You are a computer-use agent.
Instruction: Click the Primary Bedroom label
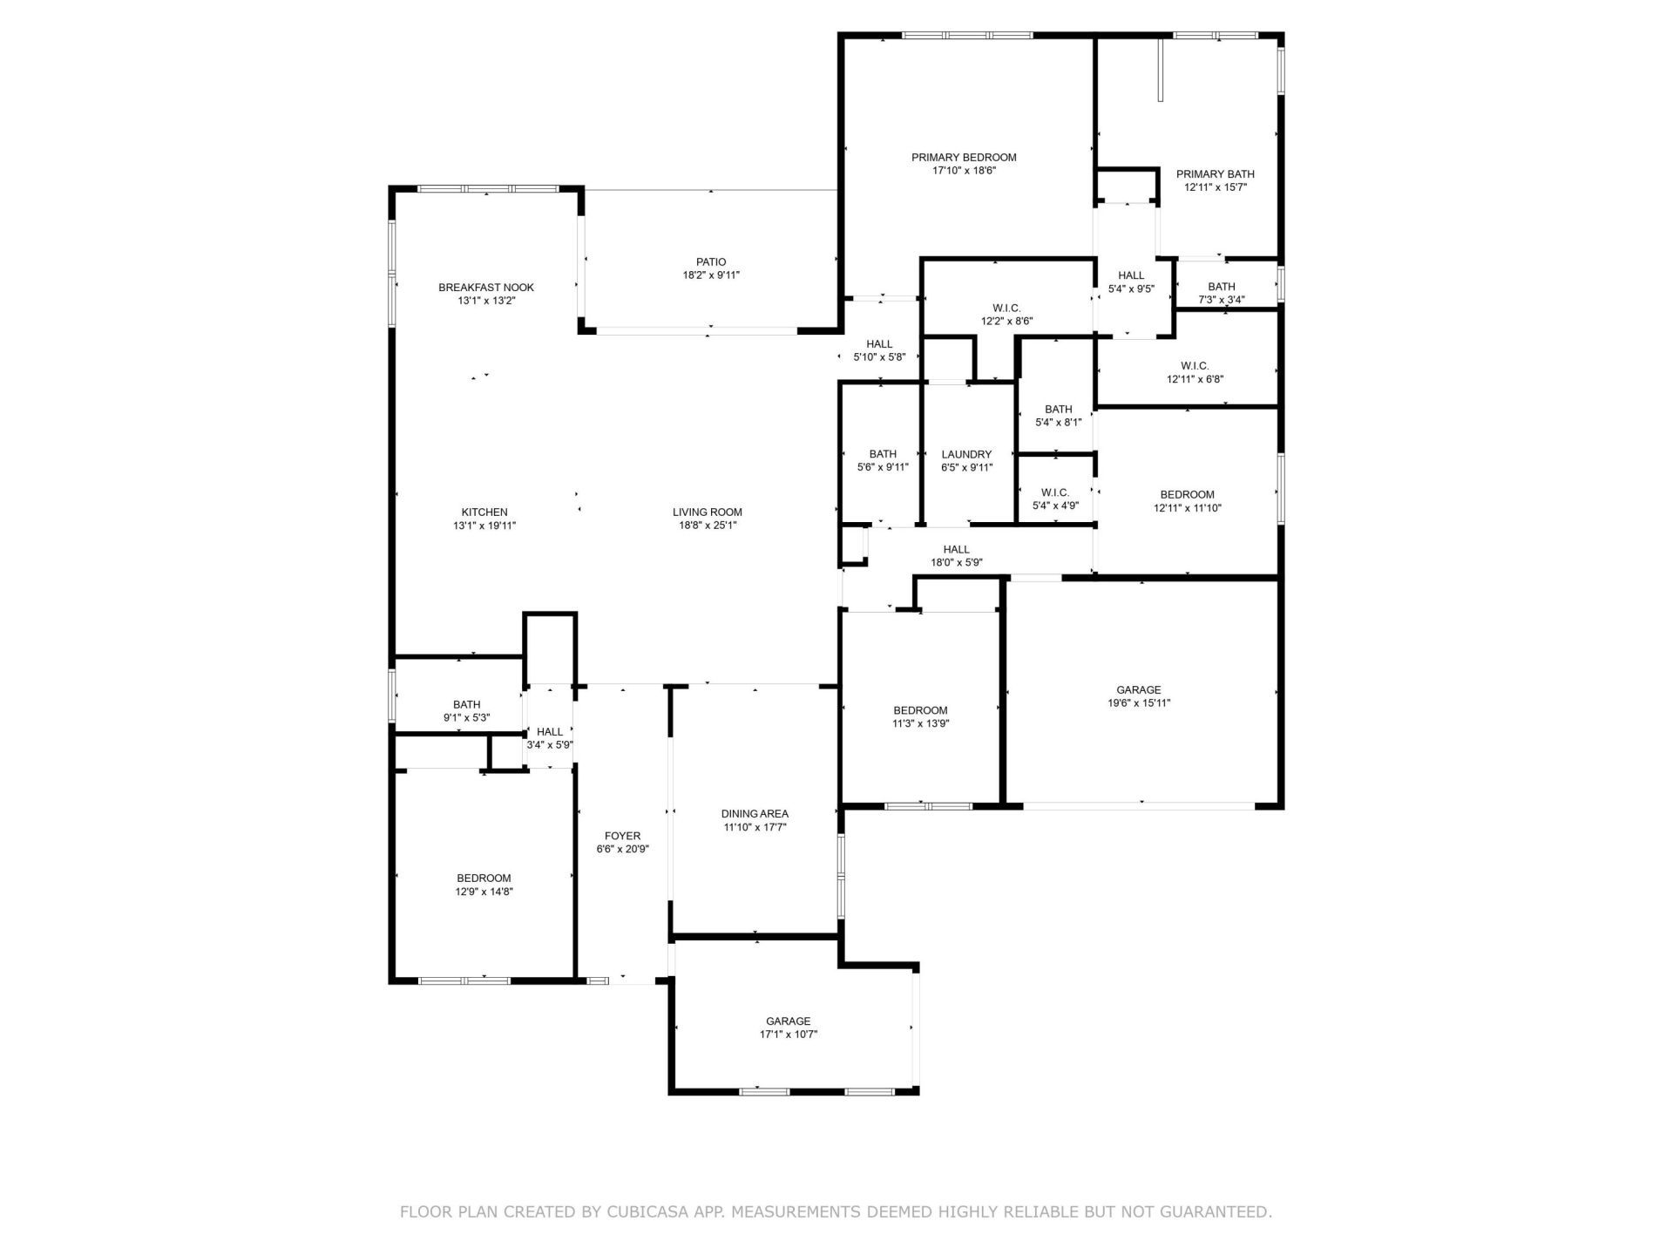(964, 158)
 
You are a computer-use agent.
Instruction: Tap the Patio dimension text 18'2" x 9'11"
(711, 275)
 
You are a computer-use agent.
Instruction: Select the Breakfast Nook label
(485, 288)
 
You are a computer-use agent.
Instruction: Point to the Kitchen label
(484, 512)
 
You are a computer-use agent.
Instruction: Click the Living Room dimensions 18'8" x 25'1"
(708, 526)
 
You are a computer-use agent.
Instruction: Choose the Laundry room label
(966, 454)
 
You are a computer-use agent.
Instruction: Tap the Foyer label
(622, 836)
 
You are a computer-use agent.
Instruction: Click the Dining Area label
(755, 814)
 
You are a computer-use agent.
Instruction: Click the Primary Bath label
(1215, 174)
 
